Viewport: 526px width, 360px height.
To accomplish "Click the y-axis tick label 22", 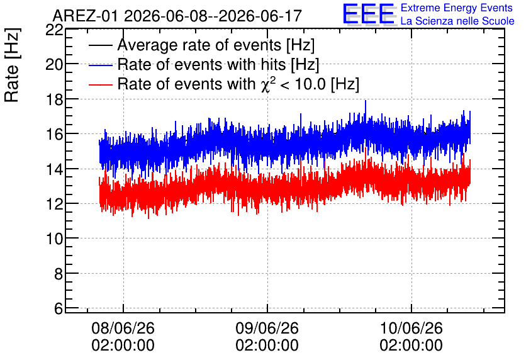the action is [54, 31].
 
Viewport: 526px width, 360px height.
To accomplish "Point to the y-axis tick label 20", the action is [54, 65].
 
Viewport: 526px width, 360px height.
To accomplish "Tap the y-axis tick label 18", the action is [54, 99].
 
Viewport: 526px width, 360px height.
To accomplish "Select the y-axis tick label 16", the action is [54, 134].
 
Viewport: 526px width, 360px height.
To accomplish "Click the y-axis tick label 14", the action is [54, 169].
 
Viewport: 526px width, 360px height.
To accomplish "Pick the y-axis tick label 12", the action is [54, 204].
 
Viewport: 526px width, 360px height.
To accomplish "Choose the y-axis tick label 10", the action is [54, 239].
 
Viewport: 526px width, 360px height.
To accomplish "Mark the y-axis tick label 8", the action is [59, 274].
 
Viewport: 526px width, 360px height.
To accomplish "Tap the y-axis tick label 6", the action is [59, 308].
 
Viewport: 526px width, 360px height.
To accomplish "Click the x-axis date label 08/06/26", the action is [123, 328].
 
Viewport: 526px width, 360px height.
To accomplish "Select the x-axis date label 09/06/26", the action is [267, 328].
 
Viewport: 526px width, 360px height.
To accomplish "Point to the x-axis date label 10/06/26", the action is [411, 328].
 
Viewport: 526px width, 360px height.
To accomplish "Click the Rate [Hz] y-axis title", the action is [12, 65].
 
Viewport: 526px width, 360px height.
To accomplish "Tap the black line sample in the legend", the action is [100, 45].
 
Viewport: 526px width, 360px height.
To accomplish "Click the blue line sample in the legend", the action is [100, 65].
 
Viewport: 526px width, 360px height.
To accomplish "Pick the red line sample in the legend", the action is [100, 84].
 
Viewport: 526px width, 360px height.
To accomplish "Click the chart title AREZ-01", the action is [85, 16].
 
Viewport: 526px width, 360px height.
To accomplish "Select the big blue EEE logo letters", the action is [369, 13].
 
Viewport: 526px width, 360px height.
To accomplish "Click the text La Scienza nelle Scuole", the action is [457, 21].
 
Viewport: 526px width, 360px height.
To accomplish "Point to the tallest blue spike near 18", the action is [366, 101].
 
